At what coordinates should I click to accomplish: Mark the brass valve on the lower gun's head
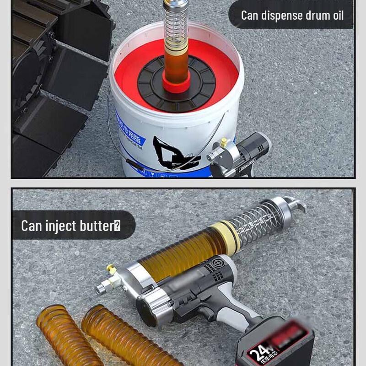[x=111, y=270]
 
